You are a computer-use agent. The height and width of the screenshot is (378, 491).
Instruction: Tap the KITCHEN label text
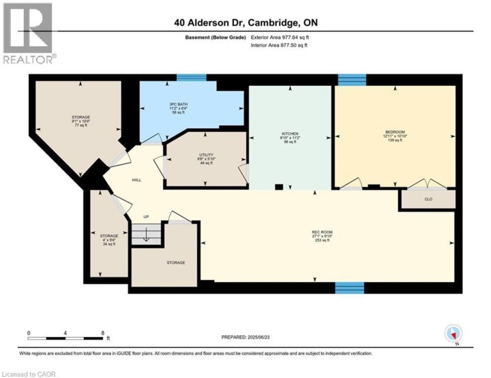pyautogui.click(x=290, y=133)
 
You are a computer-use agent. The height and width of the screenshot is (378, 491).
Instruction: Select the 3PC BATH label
pyautogui.click(x=179, y=104)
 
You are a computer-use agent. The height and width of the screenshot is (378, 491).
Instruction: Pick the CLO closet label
pyautogui.click(x=428, y=200)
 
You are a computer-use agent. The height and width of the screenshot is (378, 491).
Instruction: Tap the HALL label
pyautogui.click(x=136, y=180)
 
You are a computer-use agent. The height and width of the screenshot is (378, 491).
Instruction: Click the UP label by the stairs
pyautogui.click(x=145, y=217)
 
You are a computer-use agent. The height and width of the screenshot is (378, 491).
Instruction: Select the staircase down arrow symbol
pyautogui.click(x=143, y=236)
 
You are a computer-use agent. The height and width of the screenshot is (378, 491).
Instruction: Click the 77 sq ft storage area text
pyautogui.click(x=81, y=126)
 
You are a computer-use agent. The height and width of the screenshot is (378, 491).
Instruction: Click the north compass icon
pyautogui.click(x=453, y=334)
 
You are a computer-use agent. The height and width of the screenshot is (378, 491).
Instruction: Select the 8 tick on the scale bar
pyautogui.click(x=102, y=333)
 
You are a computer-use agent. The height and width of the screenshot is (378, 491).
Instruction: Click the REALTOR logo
pyautogui.click(x=29, y=33)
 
